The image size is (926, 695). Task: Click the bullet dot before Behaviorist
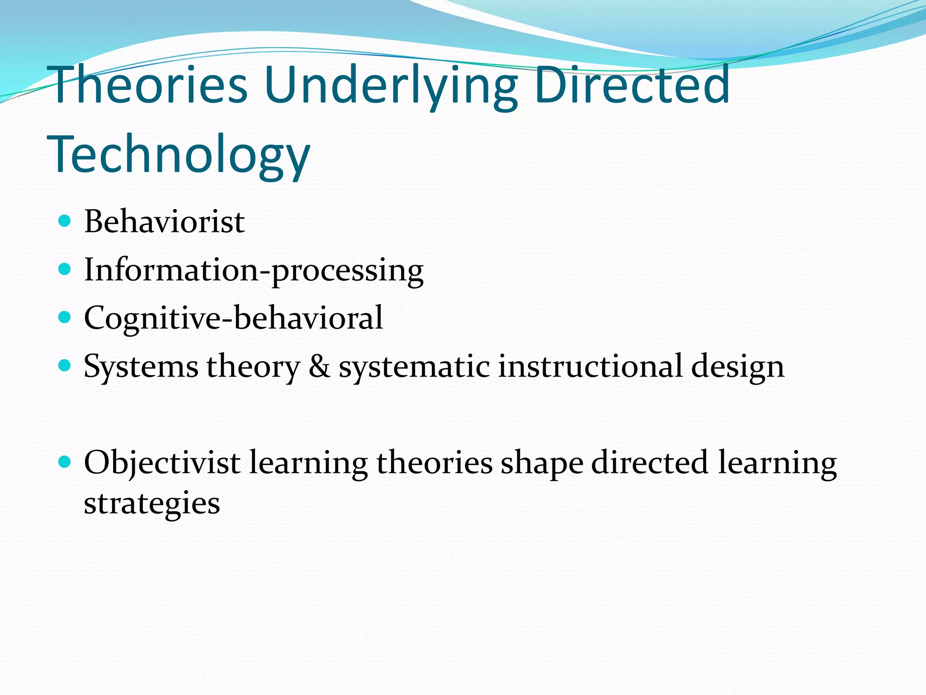pos(65,221)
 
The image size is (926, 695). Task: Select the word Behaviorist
pos(165,222)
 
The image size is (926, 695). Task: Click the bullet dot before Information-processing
pos(65,270)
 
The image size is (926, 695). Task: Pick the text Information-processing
pos(254,271)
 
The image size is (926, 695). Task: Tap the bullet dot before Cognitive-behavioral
pos(65,318)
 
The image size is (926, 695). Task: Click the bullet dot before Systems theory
pos(65,366)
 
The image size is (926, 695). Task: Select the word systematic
pos(414,367)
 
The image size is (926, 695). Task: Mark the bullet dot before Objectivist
pos(65,462)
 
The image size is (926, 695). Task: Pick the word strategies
pos(152,504)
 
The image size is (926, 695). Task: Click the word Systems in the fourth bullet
pos(141,367)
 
